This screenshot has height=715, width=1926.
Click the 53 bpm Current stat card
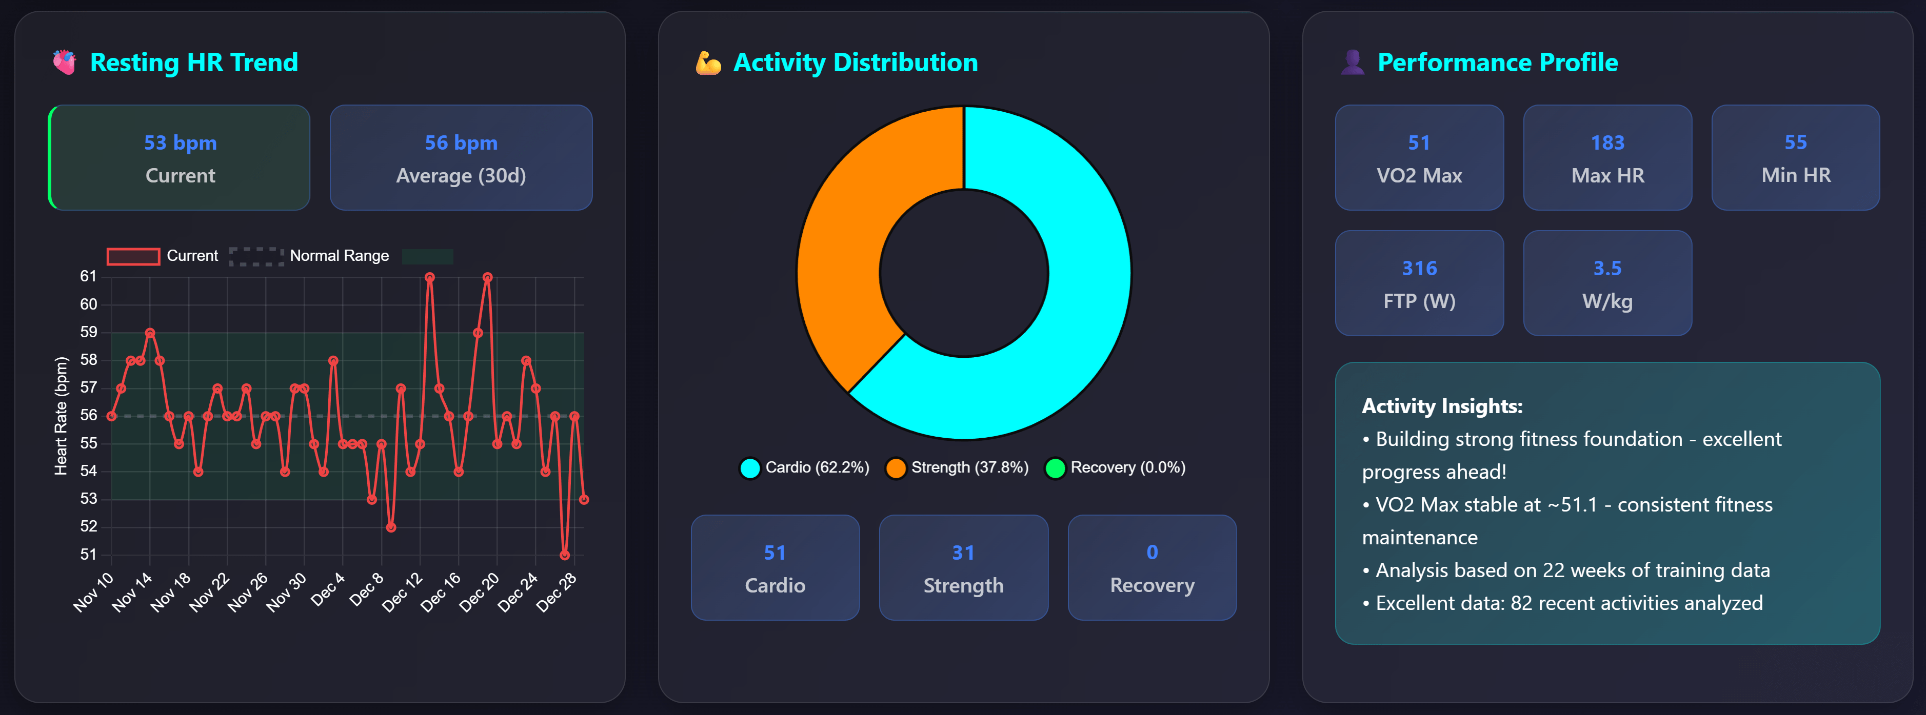click(180, 158)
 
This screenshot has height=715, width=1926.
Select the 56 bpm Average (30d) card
click(461, 158)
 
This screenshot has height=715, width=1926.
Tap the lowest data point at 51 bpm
click(565, 555)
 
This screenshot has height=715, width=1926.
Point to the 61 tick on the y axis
click(88, 276)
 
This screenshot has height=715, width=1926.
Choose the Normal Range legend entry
click(309, 256)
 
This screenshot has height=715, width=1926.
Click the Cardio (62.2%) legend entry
click(804, 468)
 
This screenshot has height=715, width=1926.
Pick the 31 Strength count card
click(963, 568)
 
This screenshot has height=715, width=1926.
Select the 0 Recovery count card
click(1151, 568)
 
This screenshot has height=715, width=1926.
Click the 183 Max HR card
click(1607, 158)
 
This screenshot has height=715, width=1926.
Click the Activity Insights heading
click(1441, 406)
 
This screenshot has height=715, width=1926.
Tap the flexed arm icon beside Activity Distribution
click(708, 63)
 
